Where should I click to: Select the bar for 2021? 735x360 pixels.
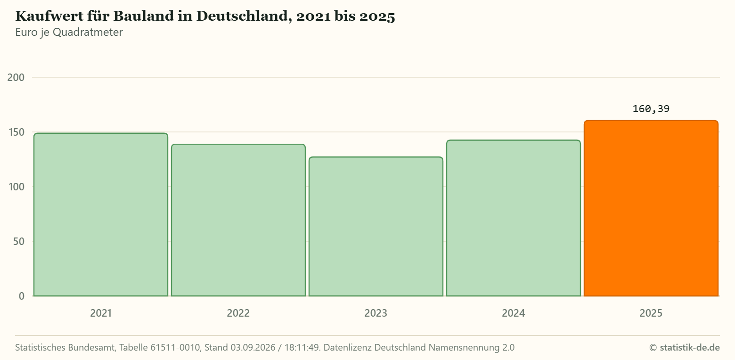(101, 214)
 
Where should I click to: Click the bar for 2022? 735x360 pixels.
(238, 220)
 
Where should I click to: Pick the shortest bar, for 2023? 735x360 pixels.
(376, 227)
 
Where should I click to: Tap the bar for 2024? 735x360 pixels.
(513, 218)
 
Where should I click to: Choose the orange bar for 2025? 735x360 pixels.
(651, 208)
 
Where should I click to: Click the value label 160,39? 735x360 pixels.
(651, 109)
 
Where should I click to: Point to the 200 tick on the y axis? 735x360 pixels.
(16, 77)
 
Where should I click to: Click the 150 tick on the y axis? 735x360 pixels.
(16, 132)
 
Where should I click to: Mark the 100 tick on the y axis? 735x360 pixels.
(16, 187)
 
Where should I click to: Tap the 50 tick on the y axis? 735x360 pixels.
(19, 242)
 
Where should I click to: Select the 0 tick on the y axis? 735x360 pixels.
(22, 296)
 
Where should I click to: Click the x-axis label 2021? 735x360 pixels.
(101, 313)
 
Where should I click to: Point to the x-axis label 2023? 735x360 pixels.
(376, 313)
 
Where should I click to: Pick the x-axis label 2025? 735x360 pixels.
(651, 313)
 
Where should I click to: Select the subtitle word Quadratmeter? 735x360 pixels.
(88, 32)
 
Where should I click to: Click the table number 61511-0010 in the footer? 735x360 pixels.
(175, 347)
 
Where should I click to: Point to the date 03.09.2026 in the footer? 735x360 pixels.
(253, 347)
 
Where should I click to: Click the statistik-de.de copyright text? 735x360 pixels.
(685, 347)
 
